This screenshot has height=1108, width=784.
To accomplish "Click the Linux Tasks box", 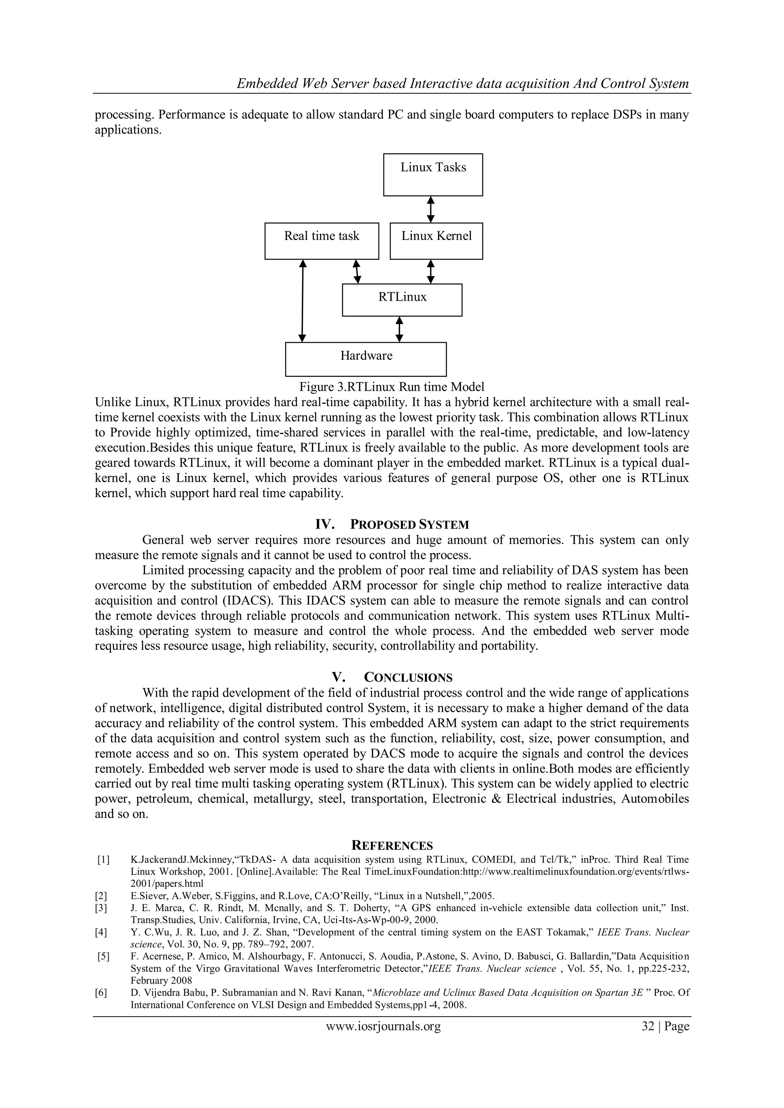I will tap(433, 175).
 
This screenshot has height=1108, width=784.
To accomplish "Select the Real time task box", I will tap(322, 241).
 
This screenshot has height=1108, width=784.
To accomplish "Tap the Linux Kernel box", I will tap(436, 241).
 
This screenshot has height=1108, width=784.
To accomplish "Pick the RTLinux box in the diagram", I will tap(402, 300).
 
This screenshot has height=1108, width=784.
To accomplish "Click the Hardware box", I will tap(366, 359).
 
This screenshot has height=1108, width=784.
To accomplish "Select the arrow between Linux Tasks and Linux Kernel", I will tap(431, 209).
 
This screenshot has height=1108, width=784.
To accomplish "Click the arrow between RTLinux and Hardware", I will tap(399, 329).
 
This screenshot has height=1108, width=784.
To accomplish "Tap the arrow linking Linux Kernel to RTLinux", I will tap(431, 271).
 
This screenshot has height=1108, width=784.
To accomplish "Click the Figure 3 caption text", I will tap(392, 387).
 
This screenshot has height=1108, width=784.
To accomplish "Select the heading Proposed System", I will tap(409, 524).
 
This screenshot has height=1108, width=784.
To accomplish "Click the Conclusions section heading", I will tap(408, 677).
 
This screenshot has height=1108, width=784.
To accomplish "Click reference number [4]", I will tap(101, 932).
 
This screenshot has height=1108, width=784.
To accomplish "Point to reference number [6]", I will tap(101, 993).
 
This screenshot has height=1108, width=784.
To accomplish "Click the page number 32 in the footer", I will tap(648, 1026).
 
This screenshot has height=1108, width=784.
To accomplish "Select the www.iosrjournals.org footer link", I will tap(383, 1026).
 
